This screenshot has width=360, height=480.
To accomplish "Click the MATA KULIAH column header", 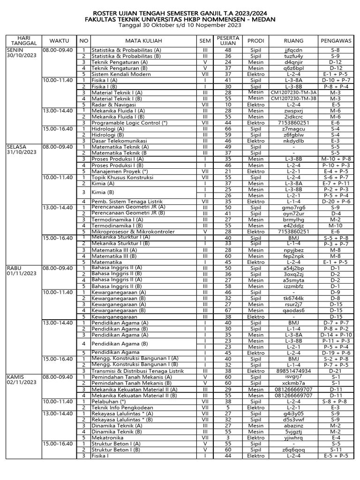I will pos(140,41).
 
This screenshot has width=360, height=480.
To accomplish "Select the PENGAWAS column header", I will pos(336,41).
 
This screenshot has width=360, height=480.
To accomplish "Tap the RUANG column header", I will pos(293,41).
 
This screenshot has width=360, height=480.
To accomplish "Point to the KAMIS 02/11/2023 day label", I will pos(21,380).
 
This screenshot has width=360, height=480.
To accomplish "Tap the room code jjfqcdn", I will pos(293,50).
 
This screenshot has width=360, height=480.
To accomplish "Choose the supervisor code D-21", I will pos(335,371).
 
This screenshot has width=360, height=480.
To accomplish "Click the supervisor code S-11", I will pos(335,450).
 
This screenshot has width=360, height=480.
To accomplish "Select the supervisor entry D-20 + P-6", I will pos(335,202).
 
